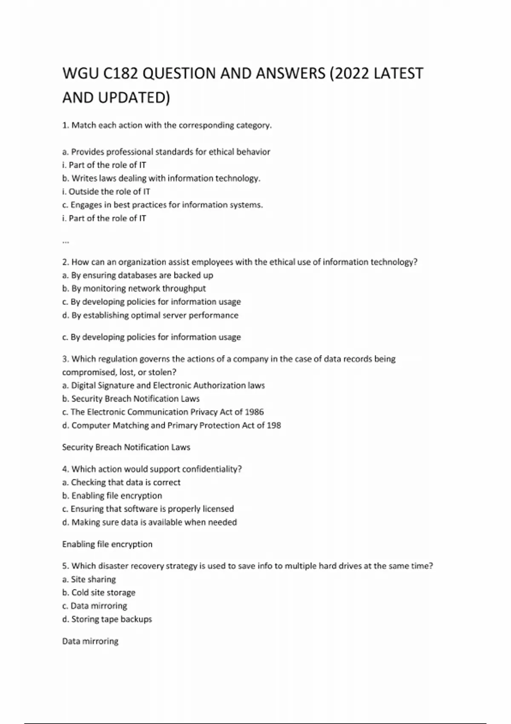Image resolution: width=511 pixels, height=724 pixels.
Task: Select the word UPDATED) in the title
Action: pos(134,98)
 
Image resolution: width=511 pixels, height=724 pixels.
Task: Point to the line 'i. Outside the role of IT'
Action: pos(106,192)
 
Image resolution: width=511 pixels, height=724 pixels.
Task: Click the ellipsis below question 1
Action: pos(66,241)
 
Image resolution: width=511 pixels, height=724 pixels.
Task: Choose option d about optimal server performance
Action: pos(150,315)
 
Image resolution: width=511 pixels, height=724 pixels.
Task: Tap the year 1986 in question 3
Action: pos(254,412)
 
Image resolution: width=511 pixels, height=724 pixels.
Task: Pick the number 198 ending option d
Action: pos(274,425)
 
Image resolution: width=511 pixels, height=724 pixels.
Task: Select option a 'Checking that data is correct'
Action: pos(121,482)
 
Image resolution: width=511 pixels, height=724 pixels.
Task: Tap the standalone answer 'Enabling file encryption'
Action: pos(107,544)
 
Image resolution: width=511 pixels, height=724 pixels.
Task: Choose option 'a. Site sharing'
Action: pos(89,579)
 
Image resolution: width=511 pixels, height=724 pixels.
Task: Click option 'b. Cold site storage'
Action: pos(99,592)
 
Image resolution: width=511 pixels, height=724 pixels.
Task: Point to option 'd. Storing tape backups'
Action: pos(107,619)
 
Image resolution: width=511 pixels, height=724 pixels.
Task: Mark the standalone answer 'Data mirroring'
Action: pos(90,641)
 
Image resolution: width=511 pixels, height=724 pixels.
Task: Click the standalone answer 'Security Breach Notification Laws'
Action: pos(126,447)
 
